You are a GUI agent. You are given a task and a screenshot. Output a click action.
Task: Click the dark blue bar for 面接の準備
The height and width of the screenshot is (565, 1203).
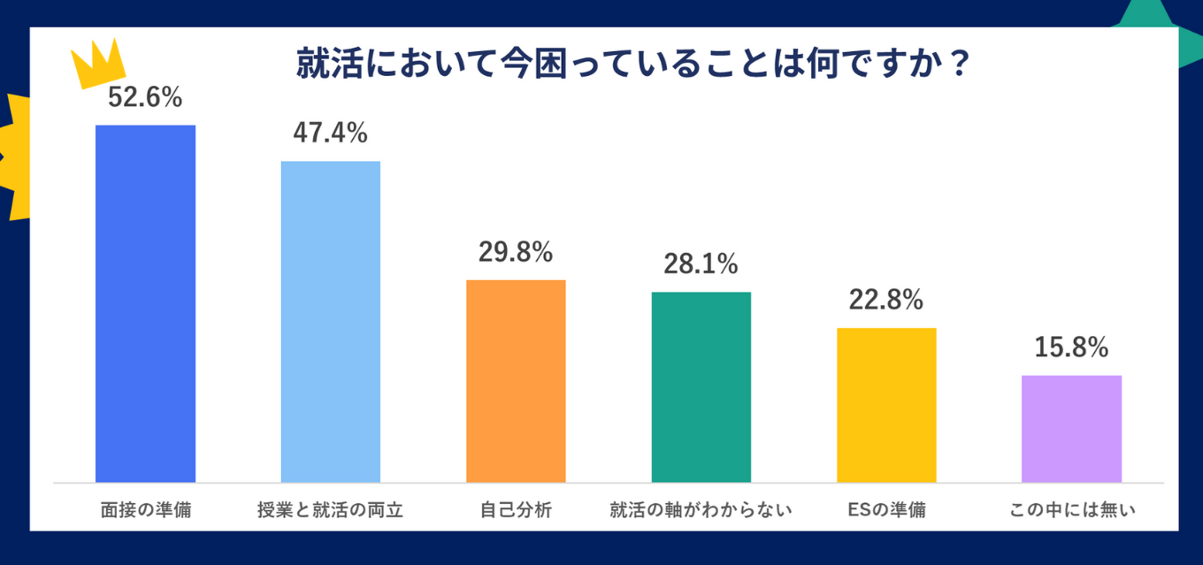[x=145, y=303]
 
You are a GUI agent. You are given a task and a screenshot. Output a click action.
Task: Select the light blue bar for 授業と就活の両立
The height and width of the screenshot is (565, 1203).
[x=331, y=321]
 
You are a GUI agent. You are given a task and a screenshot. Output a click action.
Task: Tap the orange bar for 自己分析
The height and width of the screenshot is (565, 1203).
[x=516, y=381]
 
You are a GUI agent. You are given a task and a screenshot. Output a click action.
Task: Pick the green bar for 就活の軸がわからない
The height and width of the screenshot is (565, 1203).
[x=701, y=386]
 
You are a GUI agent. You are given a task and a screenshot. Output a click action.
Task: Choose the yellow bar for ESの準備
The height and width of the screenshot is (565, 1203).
[x=886, y=405]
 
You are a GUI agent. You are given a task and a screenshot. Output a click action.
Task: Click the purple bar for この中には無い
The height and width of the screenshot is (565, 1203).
[x=1071, y=429]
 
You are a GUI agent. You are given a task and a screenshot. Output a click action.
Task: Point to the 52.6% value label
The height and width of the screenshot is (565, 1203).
[x=145, y=98]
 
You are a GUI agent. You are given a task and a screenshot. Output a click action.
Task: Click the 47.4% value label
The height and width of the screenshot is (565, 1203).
[x=331, y=134]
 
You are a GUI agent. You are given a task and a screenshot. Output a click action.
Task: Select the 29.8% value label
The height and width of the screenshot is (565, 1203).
[x=516, y=252]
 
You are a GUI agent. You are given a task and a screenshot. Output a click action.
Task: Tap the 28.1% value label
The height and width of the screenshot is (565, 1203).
[x=701, y=263]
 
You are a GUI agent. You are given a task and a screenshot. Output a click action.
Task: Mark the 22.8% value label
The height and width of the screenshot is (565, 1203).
[x=886, y=300]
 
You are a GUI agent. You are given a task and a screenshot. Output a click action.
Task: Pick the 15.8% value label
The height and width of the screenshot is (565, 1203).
[x=1071, y=347]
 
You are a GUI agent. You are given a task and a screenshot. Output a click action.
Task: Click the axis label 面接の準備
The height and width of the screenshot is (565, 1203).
[x=145, y=510]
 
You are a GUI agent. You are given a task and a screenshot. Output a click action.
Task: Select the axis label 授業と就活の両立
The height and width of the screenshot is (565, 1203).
[x=331, y=510]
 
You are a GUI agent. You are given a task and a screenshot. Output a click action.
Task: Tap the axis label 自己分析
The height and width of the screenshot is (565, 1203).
[x=516, y=510]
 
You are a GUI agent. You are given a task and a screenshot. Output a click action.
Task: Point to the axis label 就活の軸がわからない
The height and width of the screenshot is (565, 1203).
[x=701, y=510]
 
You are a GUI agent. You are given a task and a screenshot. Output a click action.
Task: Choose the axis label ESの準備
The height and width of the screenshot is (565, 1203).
[x=886, y=510]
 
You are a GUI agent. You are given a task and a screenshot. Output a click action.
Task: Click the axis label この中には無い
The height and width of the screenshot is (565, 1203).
[x=1071, y=510]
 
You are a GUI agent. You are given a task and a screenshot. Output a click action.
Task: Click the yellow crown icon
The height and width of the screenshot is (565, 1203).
[x=101, y=64]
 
